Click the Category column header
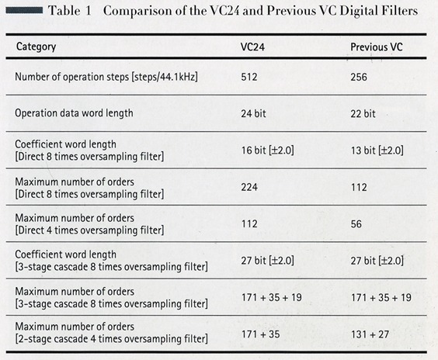pyautogui.click(x=36, y=47)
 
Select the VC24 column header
pyautogui.click(x=252, y=47)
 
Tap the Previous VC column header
pyautogui.click(x=377, y=47)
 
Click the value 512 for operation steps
pyautogui.click(x=249, y=77)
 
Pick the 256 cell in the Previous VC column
pyautogui.click(x=359, y=77)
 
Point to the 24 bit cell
pyautogui.click(x=253, y=113)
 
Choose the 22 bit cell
pyautogui.click(x=363, y=113)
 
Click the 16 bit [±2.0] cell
pyautogui.click(x=268, y=151)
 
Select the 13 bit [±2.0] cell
pyautogui.click(x=377, y=151)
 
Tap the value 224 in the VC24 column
pyautogui.click(x=249, y=187)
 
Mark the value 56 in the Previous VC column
pyautogui.click(x=356, y=223)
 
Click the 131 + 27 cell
pyautogui.click(x=370, y=334)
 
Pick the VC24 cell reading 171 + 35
pyautogui.click(x=261, y=334)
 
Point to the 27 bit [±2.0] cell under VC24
pyautogui.click(x=268, y=261)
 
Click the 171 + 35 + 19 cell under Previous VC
pyautogui.click(x=381, y=297)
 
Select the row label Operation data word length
pyautogui.click(x=74, y=113)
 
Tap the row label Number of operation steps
pyautogui.click(x=106, y=77)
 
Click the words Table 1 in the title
pyautogui.click(x=70, y=11)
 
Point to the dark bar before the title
pyautogui.click(x=24, y=11)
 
